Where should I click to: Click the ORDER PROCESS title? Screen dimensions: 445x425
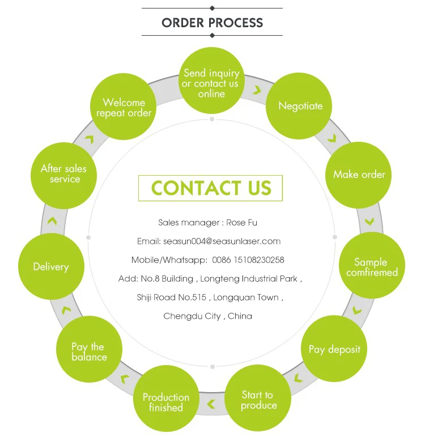[x=212, y=23]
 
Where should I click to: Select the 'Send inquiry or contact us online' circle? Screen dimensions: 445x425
[x=211, y=83]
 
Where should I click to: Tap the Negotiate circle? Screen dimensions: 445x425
[x=300, y=106]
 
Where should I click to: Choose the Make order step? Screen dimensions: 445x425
[x=359, y=174]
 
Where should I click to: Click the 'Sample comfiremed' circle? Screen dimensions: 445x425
[x=372, y=266]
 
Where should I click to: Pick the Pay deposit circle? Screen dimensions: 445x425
[x=334, y=349]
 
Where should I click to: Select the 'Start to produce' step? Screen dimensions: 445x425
[x=258, y=400]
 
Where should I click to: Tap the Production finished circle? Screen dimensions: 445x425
[x=166, y=402]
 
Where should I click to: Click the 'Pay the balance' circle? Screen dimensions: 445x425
[x=89, y=351]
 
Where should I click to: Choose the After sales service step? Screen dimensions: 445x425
[x=64, y=174]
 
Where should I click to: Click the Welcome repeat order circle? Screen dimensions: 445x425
[x=124, y=107]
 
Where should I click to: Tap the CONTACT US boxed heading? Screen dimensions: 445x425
[x=211, y=188]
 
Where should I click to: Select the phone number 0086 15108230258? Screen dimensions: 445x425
[x=248, y=260]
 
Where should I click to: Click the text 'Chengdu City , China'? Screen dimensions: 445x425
[x=207, y=316]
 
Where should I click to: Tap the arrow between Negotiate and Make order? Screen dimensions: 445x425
[x=331, y=138]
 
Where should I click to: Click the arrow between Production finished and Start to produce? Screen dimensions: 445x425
[x=211, y=404]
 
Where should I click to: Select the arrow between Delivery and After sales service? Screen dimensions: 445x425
[x=52, y=221]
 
